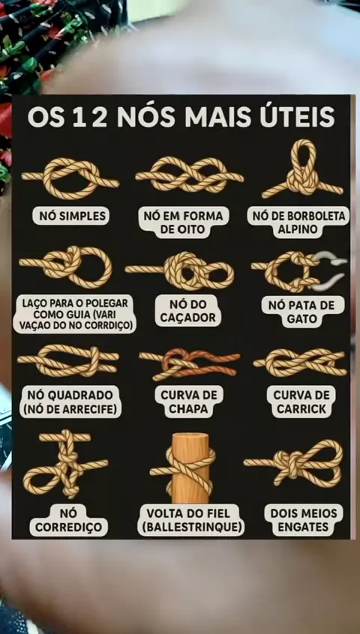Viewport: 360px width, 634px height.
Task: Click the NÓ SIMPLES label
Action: [70, 216]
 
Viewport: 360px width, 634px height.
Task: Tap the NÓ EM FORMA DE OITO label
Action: [186, 223]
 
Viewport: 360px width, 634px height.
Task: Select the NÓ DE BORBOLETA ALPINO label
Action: [298, 222]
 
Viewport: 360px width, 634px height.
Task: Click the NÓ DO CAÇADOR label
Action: [187, 310]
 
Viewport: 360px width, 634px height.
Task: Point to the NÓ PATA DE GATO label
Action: [301, 312]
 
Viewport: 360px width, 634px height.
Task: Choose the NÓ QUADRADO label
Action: [70, 402]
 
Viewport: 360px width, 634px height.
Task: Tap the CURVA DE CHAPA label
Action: [189, 402]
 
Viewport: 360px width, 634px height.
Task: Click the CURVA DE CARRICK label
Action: [301, 402]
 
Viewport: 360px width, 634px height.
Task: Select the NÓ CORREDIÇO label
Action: [69, 520]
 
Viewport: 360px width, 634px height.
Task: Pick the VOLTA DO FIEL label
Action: [190, 520]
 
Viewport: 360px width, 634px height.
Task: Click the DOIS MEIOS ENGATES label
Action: [303, 520]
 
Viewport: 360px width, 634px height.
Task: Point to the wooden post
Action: [190, 467]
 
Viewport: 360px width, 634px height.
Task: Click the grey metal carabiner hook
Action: [330, 270]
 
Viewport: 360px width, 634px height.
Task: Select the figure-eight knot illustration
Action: [189, 175]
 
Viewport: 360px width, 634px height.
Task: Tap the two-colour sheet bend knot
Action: [189, 364]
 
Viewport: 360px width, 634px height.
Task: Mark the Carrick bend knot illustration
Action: [300, 362]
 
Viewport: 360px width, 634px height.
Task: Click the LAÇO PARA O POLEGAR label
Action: [74, 315]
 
